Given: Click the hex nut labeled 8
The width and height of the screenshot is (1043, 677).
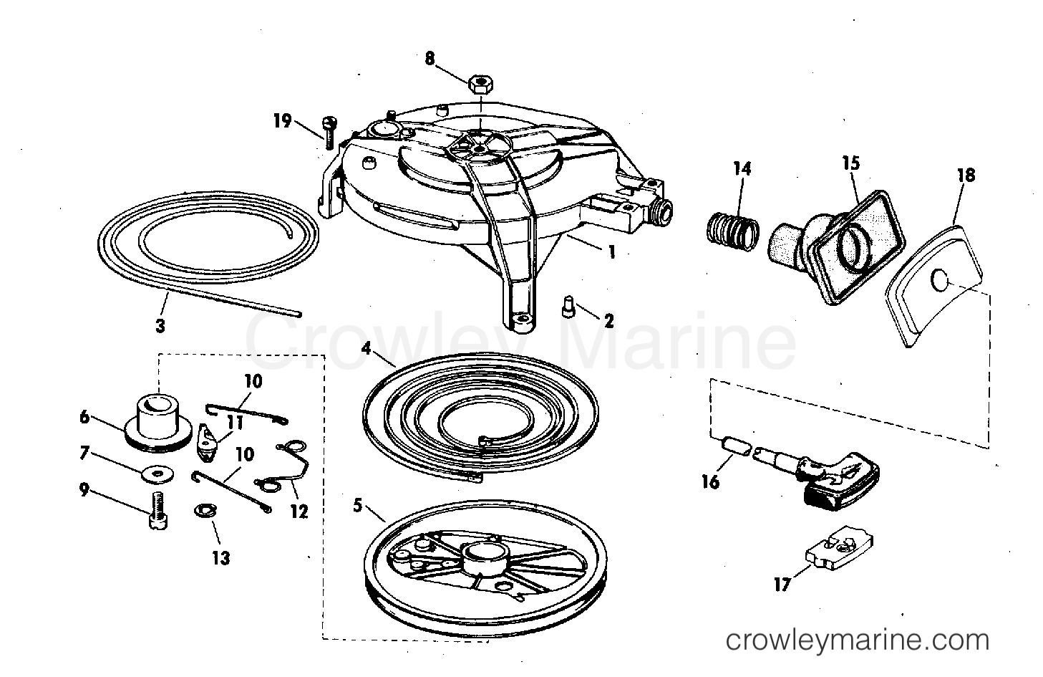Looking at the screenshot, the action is pyautogui.click(x=481, y=85).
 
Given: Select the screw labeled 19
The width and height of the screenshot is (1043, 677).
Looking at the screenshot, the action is pyautogui.click(x=329, y=133).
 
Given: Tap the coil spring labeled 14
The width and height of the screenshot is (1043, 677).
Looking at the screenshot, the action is pyautogui.click(x=732, y=231).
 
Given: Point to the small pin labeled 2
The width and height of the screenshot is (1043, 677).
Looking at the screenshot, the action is pyautogui.click(x=568, y=306).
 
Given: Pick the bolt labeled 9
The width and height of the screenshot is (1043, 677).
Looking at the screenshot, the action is pyautogui.click(x=158, y=512).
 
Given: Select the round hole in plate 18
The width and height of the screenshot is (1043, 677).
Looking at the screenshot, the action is pyautogui.click(x=939, y=281).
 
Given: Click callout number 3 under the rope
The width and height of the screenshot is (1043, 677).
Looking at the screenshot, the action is pyautogui.click(x=160, y=326).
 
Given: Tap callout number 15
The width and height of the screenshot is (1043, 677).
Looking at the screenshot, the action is pyautogui.click(x=851, y=163).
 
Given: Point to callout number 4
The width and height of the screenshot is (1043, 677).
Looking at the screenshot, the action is pyautogui.click(x=367, y=347).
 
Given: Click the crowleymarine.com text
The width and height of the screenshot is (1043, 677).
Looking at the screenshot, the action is pyautogui.click(x=857, y=640).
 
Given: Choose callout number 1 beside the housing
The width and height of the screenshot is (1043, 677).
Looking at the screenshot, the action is pyautogui.click(x=612, y=252).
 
